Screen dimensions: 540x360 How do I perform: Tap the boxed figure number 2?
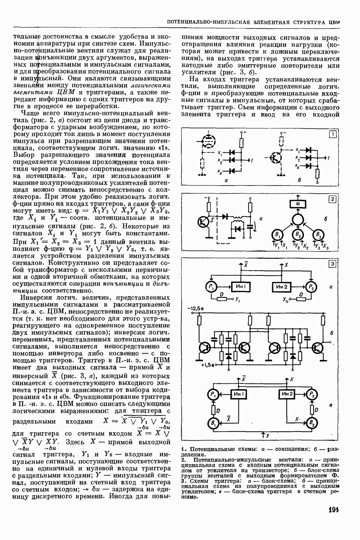click(332, 199)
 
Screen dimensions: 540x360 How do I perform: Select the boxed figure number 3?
click(332, 264)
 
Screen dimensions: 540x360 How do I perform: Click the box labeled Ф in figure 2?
click(297, 203)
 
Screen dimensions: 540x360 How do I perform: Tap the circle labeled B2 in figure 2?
click(297, 235)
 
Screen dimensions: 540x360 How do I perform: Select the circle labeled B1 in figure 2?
click(276, 235)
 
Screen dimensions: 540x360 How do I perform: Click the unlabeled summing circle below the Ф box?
click(297, 219)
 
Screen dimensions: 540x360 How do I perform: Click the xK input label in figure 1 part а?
click(219, 171)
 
